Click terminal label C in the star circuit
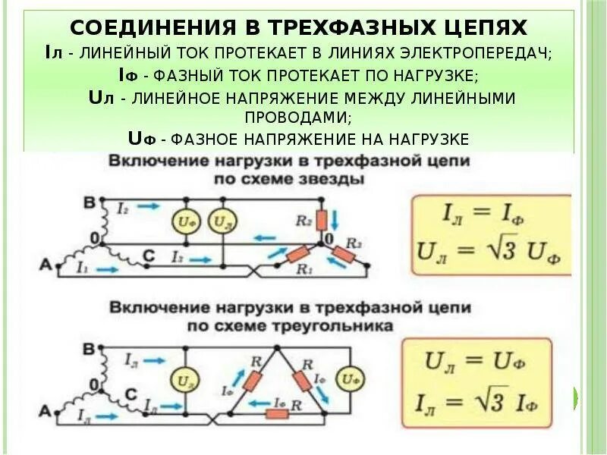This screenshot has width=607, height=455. tap(149, 258)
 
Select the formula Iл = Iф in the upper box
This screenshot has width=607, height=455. tap(489, 215)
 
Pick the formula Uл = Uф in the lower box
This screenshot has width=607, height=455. tap(489, 361)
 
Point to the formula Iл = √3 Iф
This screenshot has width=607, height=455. tap(489, 397)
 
